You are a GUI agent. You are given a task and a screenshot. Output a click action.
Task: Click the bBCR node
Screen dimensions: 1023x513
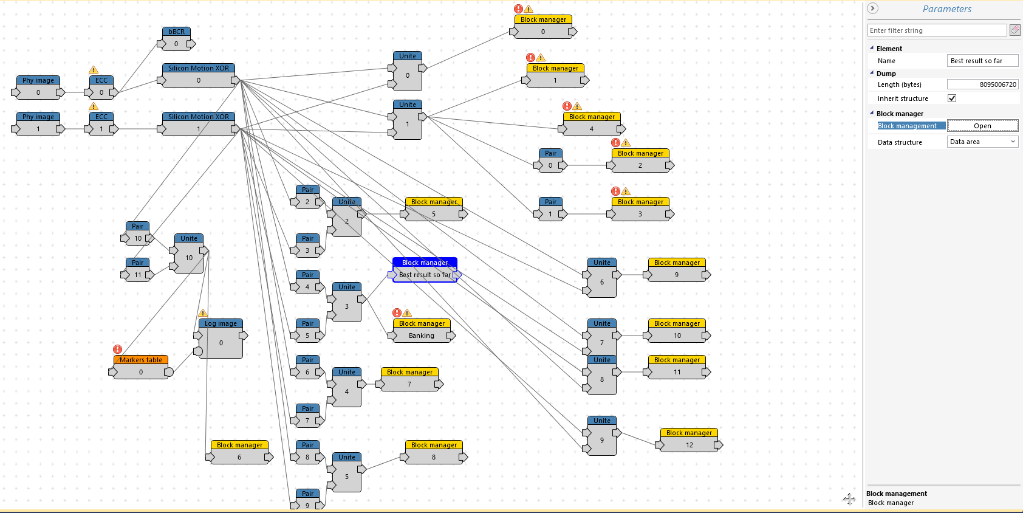[x=176, y=38]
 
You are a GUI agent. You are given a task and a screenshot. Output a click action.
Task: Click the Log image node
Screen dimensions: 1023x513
[x=221, y=339]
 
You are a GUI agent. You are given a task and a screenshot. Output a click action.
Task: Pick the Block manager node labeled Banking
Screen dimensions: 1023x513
[x=422, y=330]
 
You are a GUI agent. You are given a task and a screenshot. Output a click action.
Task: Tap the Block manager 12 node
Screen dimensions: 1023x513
[x=689, y=440]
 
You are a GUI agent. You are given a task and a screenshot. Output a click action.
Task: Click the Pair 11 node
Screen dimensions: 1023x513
[x=137, y=269]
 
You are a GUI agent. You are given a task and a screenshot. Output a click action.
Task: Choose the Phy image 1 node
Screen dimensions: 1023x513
[x=38, y=124]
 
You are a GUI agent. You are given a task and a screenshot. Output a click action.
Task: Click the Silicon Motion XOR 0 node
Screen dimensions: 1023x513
[x=198, y=75]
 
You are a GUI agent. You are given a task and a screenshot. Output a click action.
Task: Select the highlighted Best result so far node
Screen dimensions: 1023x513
[x=425, y=269]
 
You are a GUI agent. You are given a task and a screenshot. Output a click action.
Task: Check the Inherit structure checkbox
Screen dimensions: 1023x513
[x=952, y=98]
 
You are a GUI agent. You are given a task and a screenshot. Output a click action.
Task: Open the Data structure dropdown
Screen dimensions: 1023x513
[x=982, y=142]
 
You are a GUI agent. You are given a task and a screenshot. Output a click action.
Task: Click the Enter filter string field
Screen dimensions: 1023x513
[x=937, y=30]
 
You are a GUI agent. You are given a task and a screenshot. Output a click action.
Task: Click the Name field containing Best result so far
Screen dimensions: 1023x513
[x=982, y=61]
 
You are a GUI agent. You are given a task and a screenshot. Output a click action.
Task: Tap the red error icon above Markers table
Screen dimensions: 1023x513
[x=117, y=349]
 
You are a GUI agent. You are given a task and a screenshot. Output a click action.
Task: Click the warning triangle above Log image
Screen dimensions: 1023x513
[x=203, y=313]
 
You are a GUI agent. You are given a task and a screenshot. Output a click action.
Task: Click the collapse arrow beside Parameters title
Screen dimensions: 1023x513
[x=872, y=9]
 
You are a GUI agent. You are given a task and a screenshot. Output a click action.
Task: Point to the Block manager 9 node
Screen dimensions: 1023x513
[x=676, y=269]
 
